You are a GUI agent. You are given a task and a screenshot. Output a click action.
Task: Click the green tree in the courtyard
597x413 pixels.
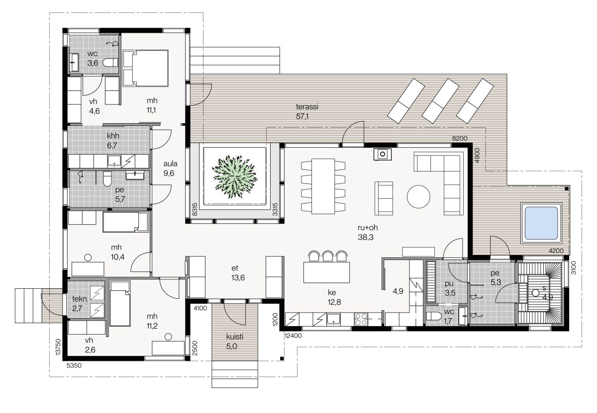coord(234,177)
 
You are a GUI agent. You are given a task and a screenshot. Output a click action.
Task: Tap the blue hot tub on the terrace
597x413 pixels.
coord(541,223)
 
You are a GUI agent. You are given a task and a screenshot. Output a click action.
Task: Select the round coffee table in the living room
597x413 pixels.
coord(418,196)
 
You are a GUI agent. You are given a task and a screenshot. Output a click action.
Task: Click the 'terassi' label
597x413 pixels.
coord(307,107)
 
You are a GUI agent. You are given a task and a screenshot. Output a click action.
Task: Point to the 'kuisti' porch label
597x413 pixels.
coord(234,337)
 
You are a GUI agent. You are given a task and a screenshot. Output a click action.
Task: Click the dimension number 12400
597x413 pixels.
coord(293,336)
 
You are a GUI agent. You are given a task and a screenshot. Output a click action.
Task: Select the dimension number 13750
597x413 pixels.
coord(58,347)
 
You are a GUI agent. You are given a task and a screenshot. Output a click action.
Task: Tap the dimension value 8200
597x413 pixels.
coord(460,139)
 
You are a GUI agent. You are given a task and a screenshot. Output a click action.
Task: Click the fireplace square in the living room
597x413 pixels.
coord(383,154)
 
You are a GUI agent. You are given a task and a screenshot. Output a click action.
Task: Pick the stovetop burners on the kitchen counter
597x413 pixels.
coord(361,319)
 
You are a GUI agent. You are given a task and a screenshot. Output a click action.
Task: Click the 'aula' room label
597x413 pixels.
coord(170,164)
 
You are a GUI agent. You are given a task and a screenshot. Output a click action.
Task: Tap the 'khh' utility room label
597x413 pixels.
coord(113,136)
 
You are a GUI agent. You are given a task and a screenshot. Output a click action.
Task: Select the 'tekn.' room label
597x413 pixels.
coord(80,299)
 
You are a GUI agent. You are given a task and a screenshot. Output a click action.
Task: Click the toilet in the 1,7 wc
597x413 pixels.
coord(432,316)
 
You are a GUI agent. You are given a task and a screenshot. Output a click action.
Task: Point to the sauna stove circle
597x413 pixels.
coord(535,293)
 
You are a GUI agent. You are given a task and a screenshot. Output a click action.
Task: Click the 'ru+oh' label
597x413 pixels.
coord(368,228)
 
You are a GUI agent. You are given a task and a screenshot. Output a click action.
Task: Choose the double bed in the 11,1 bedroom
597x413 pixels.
coord(145,68)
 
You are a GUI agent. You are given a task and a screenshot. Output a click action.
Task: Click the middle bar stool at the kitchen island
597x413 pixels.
coord(327,255)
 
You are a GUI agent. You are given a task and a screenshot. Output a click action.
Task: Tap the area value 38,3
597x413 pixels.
coord(365,237)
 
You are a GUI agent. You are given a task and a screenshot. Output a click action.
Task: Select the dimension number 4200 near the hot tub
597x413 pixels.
coord(556,250)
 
